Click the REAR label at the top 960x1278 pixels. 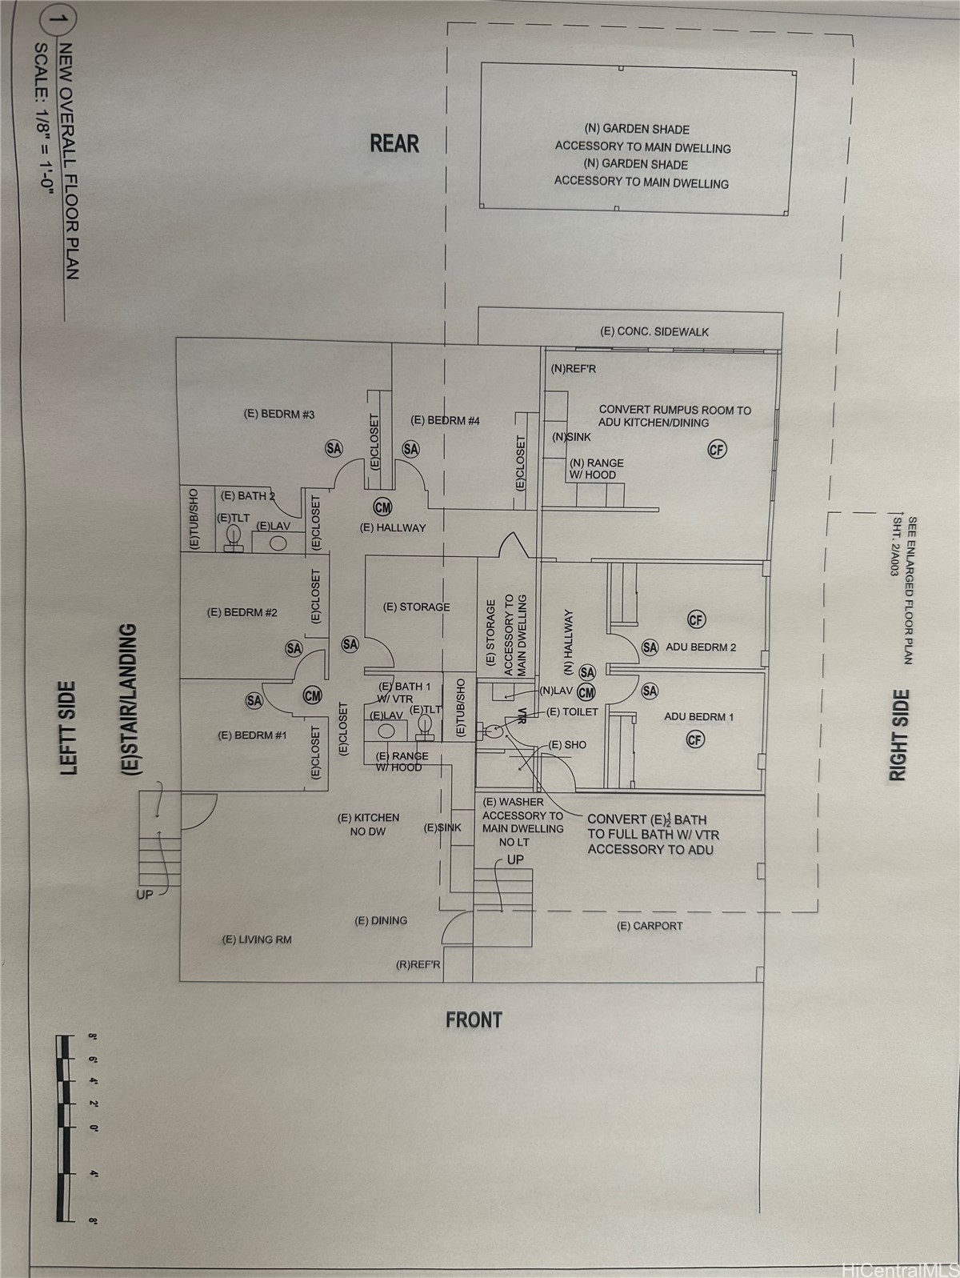394,143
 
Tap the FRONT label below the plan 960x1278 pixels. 474,1020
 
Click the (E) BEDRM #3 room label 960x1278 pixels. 278,414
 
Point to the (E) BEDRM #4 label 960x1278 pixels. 445,420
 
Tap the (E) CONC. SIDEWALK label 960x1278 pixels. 654,331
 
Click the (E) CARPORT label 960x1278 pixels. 650,926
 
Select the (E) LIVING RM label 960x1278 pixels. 257,939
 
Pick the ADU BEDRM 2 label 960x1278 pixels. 701,647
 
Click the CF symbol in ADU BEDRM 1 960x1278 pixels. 695,739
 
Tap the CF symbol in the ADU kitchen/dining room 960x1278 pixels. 717,450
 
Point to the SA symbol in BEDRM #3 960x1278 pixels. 334,449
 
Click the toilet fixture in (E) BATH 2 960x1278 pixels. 234,538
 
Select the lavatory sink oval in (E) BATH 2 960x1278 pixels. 278,542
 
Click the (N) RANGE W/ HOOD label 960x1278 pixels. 596,468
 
